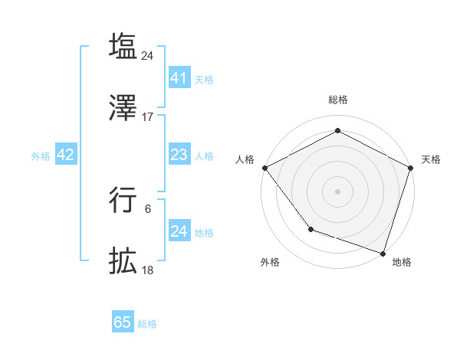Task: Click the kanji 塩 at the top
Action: [x=123, y=46]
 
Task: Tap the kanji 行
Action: [x=123, y=201]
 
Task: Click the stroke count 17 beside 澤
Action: [x=148, y=117]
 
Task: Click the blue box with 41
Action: [x=179, y=78]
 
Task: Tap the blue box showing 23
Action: [x=179, y=155]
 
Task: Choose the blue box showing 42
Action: [x=65, y=155]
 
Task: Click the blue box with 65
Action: [x=123, y=322]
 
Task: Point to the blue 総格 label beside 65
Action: [x=147, y=324]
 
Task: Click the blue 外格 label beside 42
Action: [x=41, y=155]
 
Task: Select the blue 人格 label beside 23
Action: [x=204, y=155]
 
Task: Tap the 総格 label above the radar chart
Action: [x=338, y=100]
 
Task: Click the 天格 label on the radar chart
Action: [x=431, y=159]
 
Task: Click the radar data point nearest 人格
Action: [x=264, y=167]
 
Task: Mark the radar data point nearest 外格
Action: [x=310, y=229]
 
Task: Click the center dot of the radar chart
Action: [x=337, y=191]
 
